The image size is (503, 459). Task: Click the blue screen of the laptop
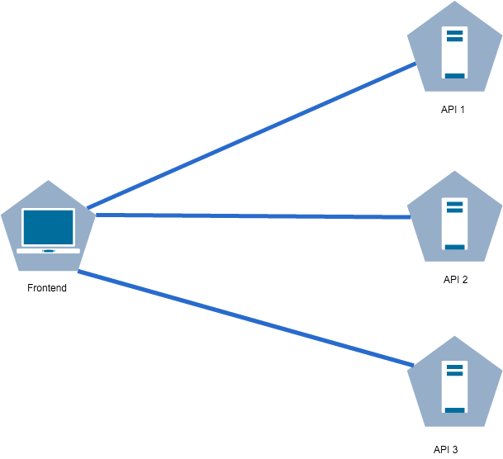48,227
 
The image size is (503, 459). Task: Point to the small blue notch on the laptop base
48,250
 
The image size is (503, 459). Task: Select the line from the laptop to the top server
248,136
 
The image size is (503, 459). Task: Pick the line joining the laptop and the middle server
248,216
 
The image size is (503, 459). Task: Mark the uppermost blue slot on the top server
454,31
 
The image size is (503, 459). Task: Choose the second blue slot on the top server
454,38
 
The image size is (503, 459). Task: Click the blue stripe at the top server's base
454,75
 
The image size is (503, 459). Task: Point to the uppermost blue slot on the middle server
454,202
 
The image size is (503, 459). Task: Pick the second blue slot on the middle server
454,209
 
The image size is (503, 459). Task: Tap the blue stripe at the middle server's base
454,246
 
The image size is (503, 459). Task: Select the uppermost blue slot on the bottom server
454,366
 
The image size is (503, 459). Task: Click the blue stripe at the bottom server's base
454,409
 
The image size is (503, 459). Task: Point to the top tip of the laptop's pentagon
49,182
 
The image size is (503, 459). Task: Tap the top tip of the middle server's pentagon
454,172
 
